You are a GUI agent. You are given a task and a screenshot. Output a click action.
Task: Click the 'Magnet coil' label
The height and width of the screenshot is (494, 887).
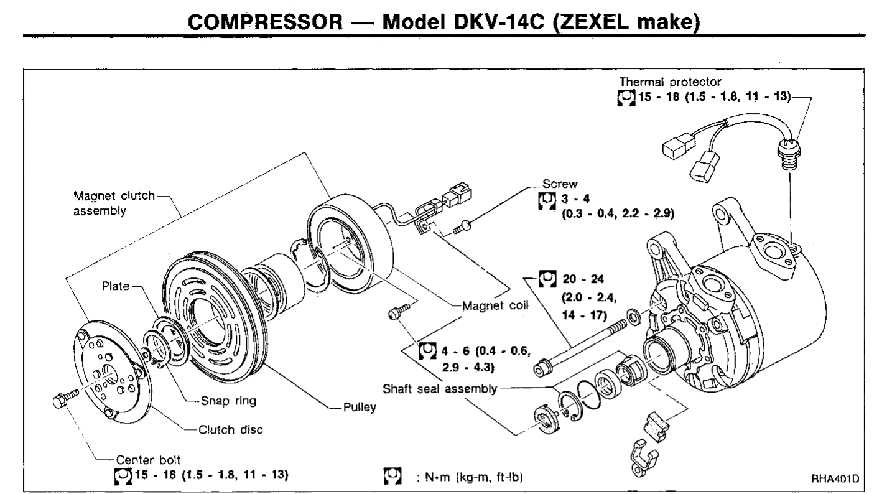493,305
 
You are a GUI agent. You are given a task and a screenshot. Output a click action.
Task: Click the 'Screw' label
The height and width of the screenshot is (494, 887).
550,184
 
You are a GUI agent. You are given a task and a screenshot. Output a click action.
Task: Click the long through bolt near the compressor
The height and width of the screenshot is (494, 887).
583,343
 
